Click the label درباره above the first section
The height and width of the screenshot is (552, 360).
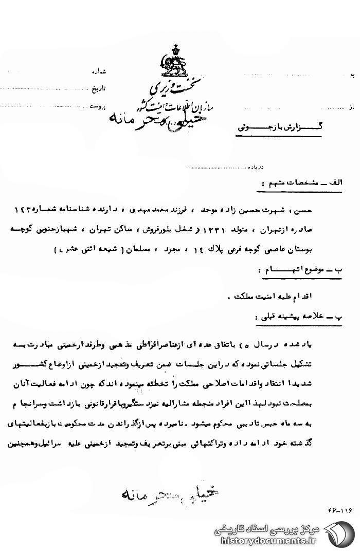(256, 168)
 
